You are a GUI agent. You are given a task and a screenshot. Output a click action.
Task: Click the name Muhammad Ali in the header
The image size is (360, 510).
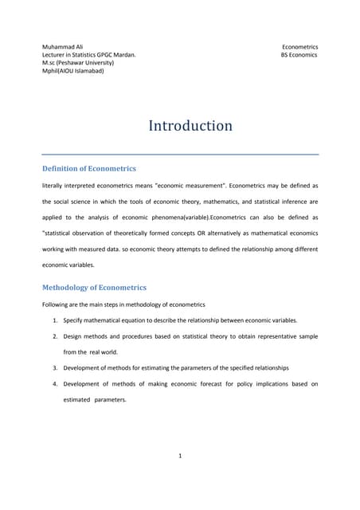coord(62,47)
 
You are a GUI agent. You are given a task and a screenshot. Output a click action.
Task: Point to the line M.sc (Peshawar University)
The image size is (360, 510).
coord(78,63)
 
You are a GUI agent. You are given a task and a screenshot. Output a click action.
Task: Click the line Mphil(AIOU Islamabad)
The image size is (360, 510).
coord(72,71)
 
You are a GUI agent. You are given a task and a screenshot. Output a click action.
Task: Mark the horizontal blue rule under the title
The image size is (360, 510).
coord(180,154)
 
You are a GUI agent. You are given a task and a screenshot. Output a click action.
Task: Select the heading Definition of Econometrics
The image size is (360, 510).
coord(88,169)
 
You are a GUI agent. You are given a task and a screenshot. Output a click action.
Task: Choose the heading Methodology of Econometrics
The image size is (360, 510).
coord(94,287)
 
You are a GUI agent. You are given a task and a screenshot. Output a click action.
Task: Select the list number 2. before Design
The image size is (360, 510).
coord(55,336)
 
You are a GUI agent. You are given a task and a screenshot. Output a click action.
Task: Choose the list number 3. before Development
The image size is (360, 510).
coord(55,367)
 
